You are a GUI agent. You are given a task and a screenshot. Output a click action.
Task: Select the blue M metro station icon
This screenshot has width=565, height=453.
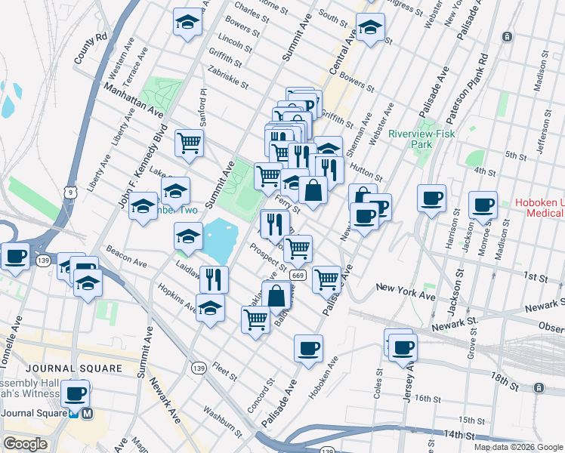pos(88,414)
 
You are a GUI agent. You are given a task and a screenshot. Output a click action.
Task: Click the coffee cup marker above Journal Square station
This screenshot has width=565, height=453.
pos(76,393)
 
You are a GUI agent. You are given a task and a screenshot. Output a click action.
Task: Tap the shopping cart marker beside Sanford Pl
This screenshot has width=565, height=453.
pos(189,141)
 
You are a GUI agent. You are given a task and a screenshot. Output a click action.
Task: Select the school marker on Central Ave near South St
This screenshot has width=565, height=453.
pos(370,28)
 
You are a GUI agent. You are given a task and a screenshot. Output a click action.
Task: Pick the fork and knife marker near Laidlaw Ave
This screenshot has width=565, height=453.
pos(215,279)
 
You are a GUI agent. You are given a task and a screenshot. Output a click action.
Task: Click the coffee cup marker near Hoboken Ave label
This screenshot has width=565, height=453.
pos(308,348)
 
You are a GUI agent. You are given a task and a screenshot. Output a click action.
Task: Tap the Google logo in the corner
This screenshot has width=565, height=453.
pos(25,444)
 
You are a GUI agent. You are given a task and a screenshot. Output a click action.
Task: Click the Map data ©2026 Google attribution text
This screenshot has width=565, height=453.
pos(518,447)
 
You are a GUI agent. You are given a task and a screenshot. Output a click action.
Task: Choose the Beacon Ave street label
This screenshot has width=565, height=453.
pos(125,259)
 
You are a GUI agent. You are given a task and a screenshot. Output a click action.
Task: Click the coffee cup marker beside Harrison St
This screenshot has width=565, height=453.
pos(432,199)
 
